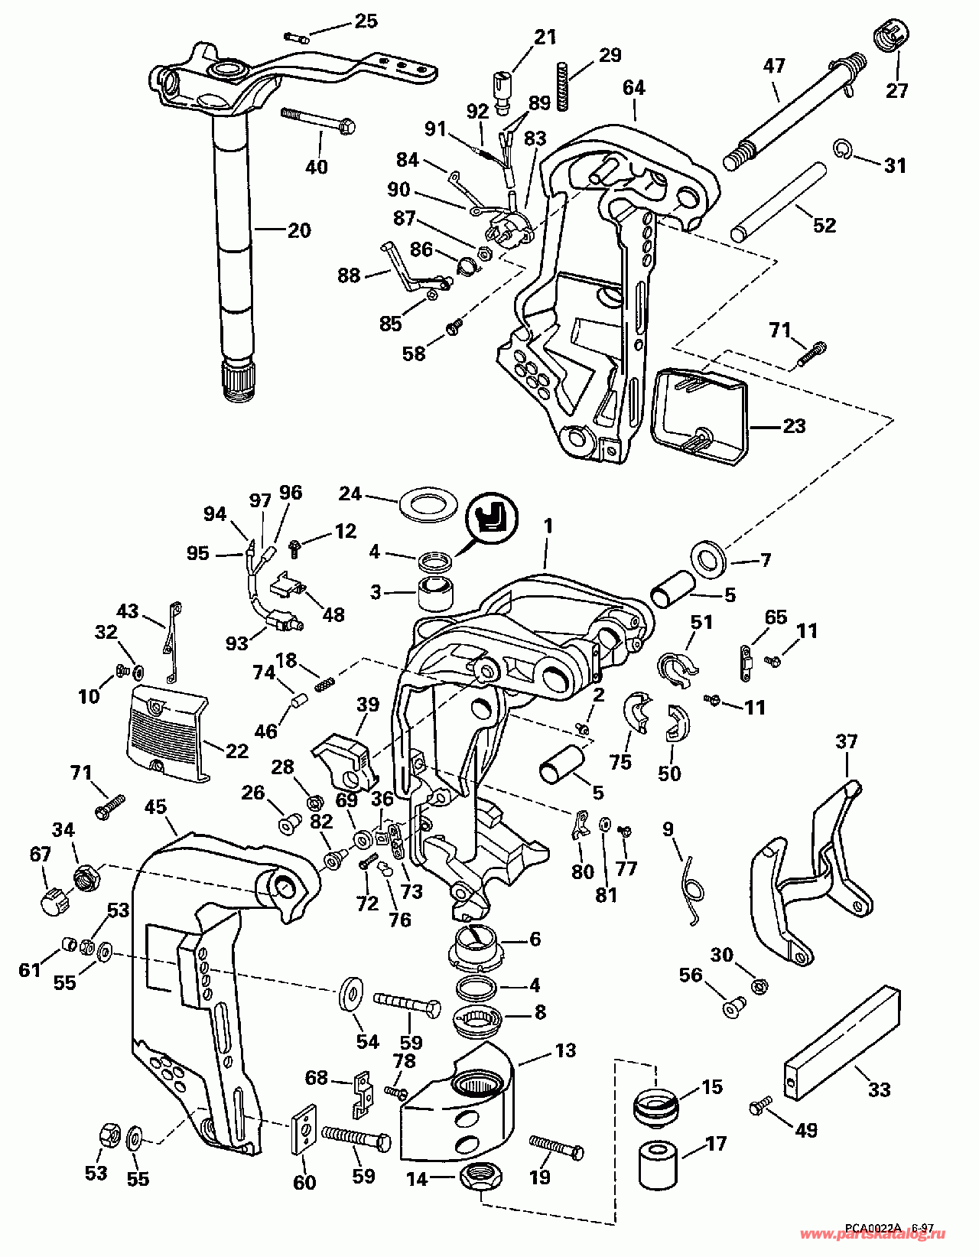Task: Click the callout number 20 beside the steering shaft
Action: click(x=299, y=230)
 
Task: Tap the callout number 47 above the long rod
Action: click(x=774, y=65)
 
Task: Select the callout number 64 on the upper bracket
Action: click(x=634, y=88)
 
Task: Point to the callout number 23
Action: click(x=794, y=426)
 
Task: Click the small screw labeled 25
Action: click(x=298, y=37)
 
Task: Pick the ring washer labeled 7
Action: click(x=707, y=558)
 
